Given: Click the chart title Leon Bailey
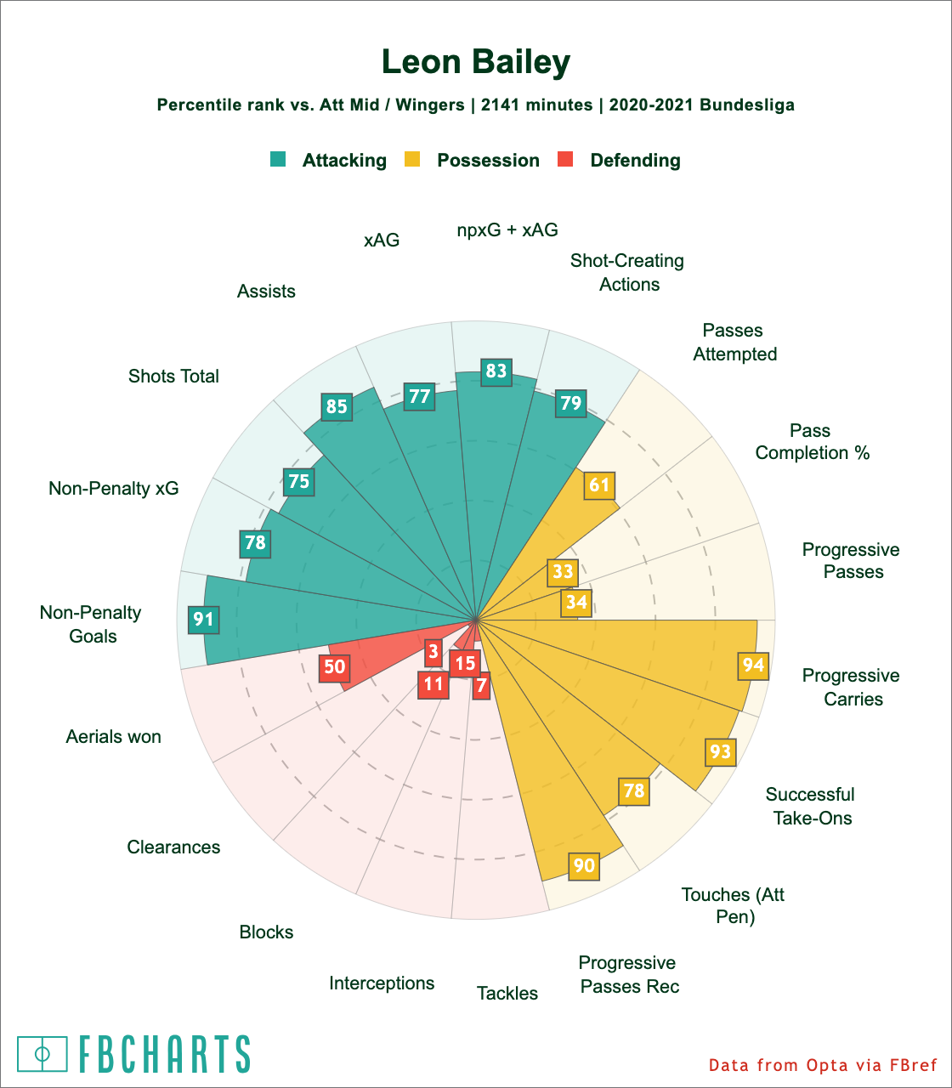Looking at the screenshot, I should pyautogui.click(x=476, y=62).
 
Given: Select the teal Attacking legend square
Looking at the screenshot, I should pyautogui.click(x=278, y=159).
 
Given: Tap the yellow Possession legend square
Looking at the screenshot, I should pyautogui.click(x=412, y=159).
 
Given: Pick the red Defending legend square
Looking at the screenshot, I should pyautogui.click(x=565, y=159).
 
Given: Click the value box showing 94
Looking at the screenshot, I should pyautogui.click(x=753, y=665).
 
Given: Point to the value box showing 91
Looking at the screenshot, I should pyautogui.click(x=202, y=619).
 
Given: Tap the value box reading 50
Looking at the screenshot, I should pyautogui.click(x=335, y=666).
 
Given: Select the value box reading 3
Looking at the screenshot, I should pyautogui.click(x=433, y=652).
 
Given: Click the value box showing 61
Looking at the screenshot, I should pyautogui.click(x=599, y=484).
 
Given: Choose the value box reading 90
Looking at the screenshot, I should pyautogui.click(x=584, y=865).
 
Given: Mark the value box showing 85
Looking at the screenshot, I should pyautogui.click(x=337, y=406).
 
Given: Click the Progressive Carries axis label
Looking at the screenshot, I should pyautogui.click(x=851, y=687).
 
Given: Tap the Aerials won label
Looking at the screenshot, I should pyautogui.click(x=113, y=736).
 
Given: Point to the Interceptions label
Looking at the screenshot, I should pyautogui.click(x=382, y=983).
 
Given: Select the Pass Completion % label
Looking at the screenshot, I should pyautogui.click(x=812, y=441).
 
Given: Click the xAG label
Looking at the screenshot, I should pyautogui.click(x=382, y=240).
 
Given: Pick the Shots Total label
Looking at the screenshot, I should pyautogui.click(x=173, y=376).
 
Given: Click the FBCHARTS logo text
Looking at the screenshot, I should pyautogui.click(x=165, y=1054).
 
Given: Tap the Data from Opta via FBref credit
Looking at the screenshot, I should pyautogui.click(x=823, y=1065).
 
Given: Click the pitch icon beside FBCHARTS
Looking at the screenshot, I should pyautogui.click(x=42, y=1054).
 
